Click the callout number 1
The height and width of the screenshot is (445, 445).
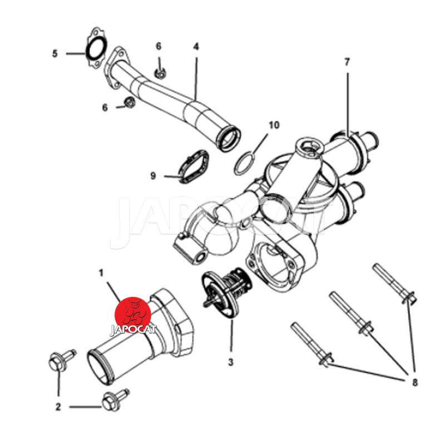tap(101, 273)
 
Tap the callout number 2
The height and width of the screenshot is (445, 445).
tap(58, 407)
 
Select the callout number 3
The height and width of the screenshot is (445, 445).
tap(230, 362)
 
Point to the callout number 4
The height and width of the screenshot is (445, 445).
tap(196, 47)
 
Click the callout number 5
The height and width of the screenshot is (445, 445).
tap(55, 53)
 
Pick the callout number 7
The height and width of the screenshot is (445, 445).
tap(347, 62)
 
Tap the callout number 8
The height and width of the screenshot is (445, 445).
tap(415, 382)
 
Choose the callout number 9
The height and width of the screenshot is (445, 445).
tap(154, 176)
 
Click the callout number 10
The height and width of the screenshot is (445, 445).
tap(274, 125)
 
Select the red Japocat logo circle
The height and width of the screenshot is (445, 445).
tap(133, 315)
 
